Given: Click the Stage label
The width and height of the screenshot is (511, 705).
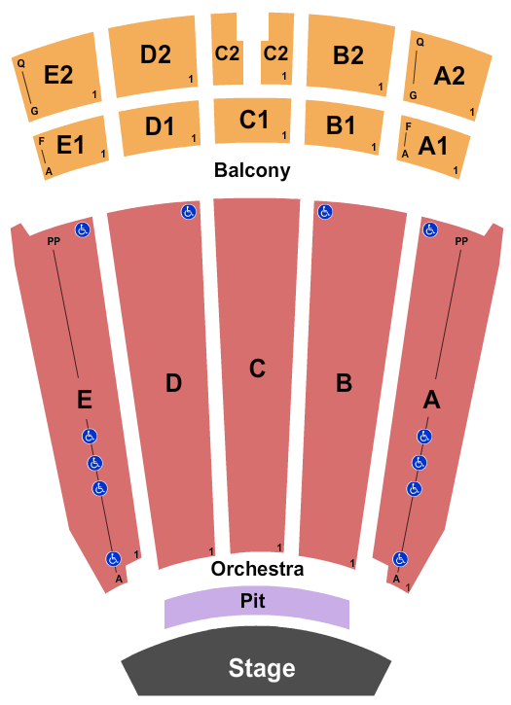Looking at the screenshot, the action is tap(262, 668).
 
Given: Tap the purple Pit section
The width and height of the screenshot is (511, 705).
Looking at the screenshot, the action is tap(257, 606).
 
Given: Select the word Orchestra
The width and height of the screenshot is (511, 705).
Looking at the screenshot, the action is tap(257, 569).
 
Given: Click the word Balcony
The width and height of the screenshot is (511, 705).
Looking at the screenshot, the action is tap(252, 170).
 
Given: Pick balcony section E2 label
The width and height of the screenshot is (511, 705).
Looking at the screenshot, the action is tap(58, 74).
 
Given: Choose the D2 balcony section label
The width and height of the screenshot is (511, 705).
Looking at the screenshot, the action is tap(156, 54).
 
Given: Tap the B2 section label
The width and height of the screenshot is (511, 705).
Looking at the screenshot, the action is tap(348, 55).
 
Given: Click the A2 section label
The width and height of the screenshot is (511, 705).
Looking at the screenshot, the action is tap(449, 76).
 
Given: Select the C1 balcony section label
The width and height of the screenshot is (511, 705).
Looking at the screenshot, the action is tap(254, 120).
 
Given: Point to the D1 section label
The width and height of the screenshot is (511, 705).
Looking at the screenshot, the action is tap(160, 125).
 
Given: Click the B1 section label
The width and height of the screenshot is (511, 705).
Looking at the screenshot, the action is tap(341, 125).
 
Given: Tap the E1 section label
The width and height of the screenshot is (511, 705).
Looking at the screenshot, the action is tap(70, 145).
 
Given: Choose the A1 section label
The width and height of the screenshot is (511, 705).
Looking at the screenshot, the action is tap(433, 146).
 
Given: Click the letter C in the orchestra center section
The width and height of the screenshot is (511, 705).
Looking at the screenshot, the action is tap(257, 369).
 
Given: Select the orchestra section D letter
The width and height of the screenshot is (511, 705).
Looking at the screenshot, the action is tap(174, 383).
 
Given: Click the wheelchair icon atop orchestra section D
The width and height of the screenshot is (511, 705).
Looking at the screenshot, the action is tap(189, 211).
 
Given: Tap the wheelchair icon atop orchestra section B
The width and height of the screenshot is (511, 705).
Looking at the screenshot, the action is tap(325, 211).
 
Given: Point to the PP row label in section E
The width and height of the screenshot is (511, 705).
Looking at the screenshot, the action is tap(54, 241).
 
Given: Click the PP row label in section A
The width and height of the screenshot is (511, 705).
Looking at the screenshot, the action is tap(461, 241).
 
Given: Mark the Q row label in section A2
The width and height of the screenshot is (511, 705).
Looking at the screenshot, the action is tap(420, 42).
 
